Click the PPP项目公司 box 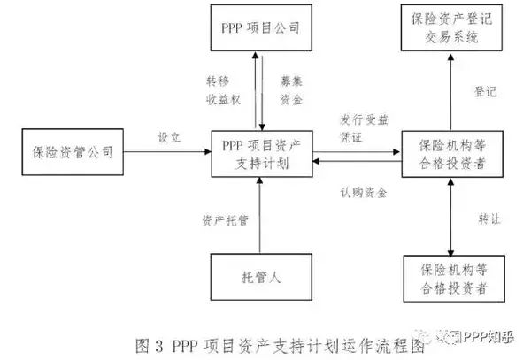click(x=259, y=28)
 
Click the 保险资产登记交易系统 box click(x=450, y=29)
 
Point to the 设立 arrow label click(x=169, y=137)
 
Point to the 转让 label click(x=485, y=220)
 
